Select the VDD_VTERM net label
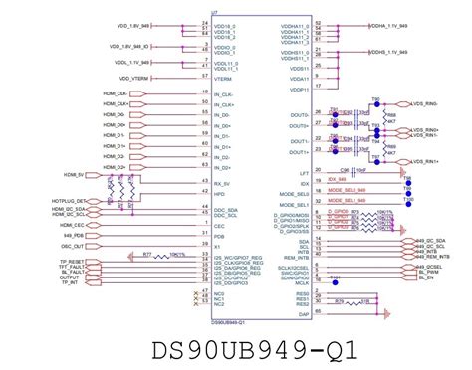pos(132,76)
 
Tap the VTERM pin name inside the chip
pos(224,76)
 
